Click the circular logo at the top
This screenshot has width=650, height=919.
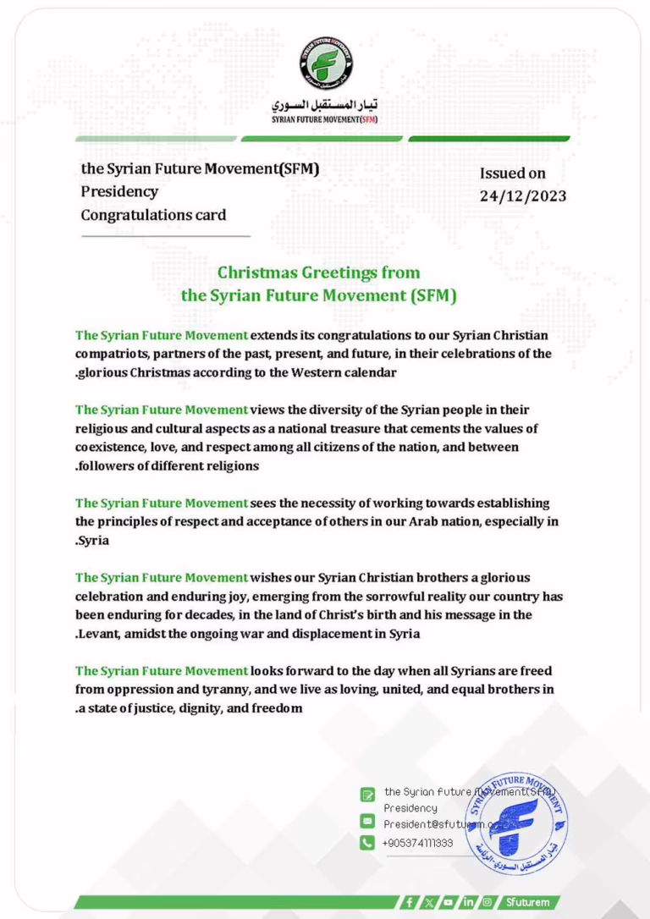[325, 64]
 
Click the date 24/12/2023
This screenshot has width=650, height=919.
[522, 196]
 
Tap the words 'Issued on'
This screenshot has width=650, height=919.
[513, 173]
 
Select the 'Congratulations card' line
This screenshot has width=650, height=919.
[153, 215]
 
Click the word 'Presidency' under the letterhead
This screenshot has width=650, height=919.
[119, 192]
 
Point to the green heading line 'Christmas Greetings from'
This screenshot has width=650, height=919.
[318, 272]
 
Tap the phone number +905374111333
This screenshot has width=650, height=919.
[417, 843]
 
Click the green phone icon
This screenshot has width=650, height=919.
[367, 843]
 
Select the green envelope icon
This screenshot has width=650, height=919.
[367, 821]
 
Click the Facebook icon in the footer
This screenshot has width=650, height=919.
[410, 902]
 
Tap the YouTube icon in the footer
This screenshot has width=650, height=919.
[448, 902]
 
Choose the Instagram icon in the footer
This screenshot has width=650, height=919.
[487, 902]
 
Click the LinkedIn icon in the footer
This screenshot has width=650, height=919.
[467, 902]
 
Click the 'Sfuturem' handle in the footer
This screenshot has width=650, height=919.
[527, 902]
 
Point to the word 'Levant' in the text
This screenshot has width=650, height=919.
[99, 634]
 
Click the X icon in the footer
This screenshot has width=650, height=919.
[429, 902]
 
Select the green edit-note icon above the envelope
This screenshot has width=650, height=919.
[367, 794]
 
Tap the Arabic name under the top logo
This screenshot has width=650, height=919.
[324, 107]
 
